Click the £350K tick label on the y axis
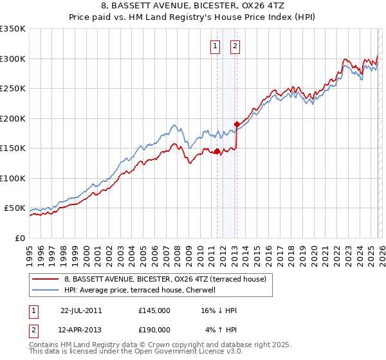(12, 29)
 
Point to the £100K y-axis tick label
(12, 178)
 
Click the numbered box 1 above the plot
(214, 46)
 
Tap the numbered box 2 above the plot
(235, 46)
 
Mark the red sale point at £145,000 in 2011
(217, 152)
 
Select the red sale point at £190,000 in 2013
(237, 124)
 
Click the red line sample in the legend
(46, 279)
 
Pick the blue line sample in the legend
(46, 291)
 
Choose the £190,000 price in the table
(154, 329)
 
